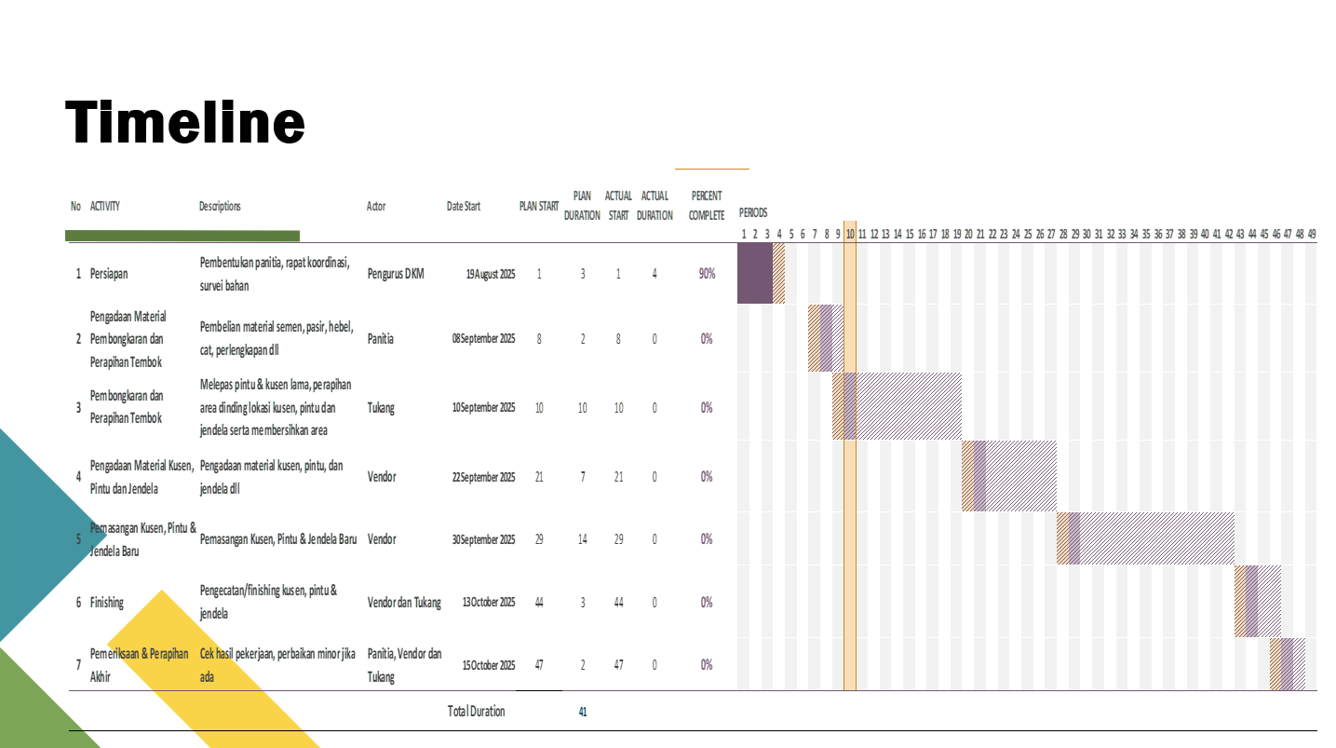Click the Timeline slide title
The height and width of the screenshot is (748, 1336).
[185, 123]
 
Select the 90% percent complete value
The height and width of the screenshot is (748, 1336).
[707, 274]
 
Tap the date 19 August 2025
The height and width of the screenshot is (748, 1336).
[490, 274]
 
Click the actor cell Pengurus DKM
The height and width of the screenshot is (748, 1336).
[396, 274]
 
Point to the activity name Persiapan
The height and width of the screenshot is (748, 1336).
[109, 274]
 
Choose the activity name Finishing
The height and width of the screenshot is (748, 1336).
[106, 603]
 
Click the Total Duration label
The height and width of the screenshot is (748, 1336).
[476, 712]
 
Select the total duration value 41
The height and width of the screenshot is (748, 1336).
[583, 713]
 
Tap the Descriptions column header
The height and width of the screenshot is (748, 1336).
[220, 207]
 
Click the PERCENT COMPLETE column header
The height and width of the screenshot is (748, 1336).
[707, 206]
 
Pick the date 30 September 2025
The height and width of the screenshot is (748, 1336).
[483, 539]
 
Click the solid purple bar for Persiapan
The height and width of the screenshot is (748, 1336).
[754, 274]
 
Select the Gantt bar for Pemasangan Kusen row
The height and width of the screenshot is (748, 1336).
[1145, 538]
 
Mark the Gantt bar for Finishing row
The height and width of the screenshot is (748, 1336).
[1258, 602]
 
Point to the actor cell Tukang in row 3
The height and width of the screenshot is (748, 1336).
[381, 408]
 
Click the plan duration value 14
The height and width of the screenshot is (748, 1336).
[583, 539]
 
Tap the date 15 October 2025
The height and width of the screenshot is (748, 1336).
[488, 665]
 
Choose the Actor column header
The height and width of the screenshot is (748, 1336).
[376, 207]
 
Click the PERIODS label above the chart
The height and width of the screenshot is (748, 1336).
[752, 212]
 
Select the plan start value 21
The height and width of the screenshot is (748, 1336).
[539, 477]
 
